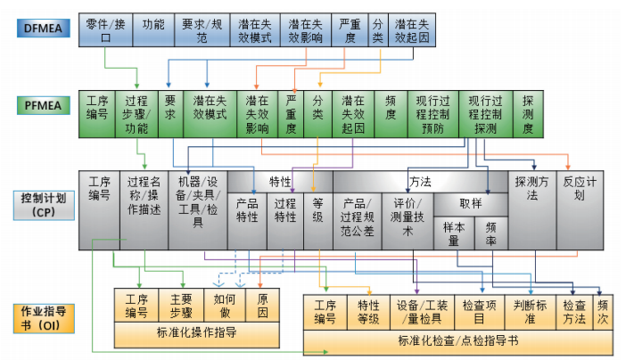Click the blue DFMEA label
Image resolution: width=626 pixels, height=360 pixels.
point(43,29)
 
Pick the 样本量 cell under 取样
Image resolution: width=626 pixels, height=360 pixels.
point(453,233)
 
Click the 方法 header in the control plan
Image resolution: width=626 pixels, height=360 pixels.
point(420,181)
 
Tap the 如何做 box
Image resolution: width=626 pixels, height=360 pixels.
point(224,305)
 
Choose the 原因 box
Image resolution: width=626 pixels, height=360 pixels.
point(263,305)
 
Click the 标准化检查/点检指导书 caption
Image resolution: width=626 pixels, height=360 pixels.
point(458,340)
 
